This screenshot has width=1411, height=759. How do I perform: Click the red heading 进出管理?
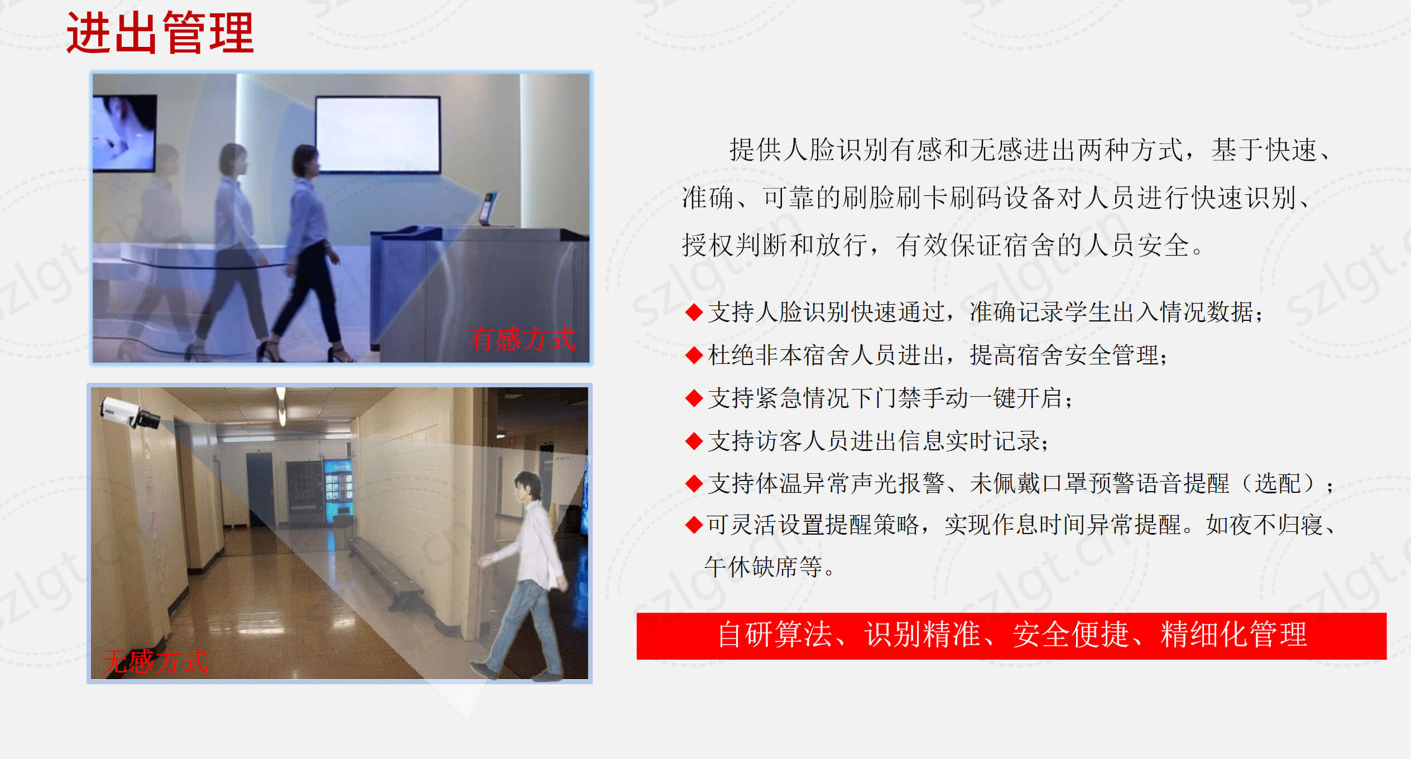(x=160, y=33)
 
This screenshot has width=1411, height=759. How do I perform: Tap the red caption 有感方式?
(x=522, y=339)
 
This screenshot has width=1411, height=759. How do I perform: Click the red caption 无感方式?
(x=155, y=661)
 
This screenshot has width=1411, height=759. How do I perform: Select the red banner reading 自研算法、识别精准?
(x=1011, y=636)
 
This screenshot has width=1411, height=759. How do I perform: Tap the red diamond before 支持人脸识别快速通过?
(x=694, y=312)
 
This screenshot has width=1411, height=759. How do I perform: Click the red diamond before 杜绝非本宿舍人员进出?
(x=694, y=355)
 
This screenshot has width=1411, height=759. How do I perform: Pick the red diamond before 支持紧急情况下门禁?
(x=694, y=398)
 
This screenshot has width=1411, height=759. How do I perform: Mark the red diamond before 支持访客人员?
(x=694, y=441)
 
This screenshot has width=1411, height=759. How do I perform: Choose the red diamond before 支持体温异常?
(x=694, y=483)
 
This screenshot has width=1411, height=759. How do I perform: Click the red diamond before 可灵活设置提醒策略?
(x=694, y=525)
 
